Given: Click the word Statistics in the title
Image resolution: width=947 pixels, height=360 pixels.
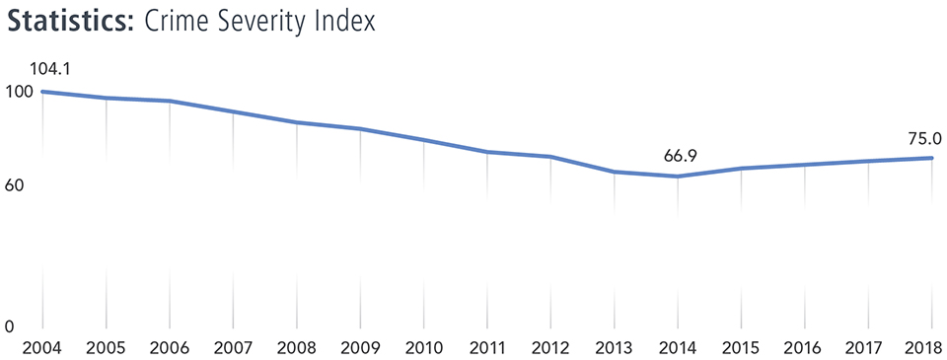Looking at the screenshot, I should (68, 21).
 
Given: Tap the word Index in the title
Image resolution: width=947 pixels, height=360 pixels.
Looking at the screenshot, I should (344, 21).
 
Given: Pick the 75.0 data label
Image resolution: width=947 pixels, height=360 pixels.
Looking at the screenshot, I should (925, 139).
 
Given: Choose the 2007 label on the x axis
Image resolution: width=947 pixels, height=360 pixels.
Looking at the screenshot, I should (234, 347).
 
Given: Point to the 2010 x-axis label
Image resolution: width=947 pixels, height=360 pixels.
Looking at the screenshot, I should (424, 347).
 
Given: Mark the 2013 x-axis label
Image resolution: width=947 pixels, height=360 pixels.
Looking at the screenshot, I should (615, 347).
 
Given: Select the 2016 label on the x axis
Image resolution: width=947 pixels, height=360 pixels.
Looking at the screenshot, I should (805, 347).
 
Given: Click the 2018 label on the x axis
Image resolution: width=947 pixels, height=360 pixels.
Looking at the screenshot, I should (926, 347).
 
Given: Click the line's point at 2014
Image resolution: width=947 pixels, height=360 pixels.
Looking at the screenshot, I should (678, 177).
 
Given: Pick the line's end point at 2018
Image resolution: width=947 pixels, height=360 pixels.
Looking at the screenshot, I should (931, 158).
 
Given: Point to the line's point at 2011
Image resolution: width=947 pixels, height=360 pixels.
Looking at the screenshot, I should (487, 152).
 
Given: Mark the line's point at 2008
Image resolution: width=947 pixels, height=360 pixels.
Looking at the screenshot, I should (297, 122).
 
